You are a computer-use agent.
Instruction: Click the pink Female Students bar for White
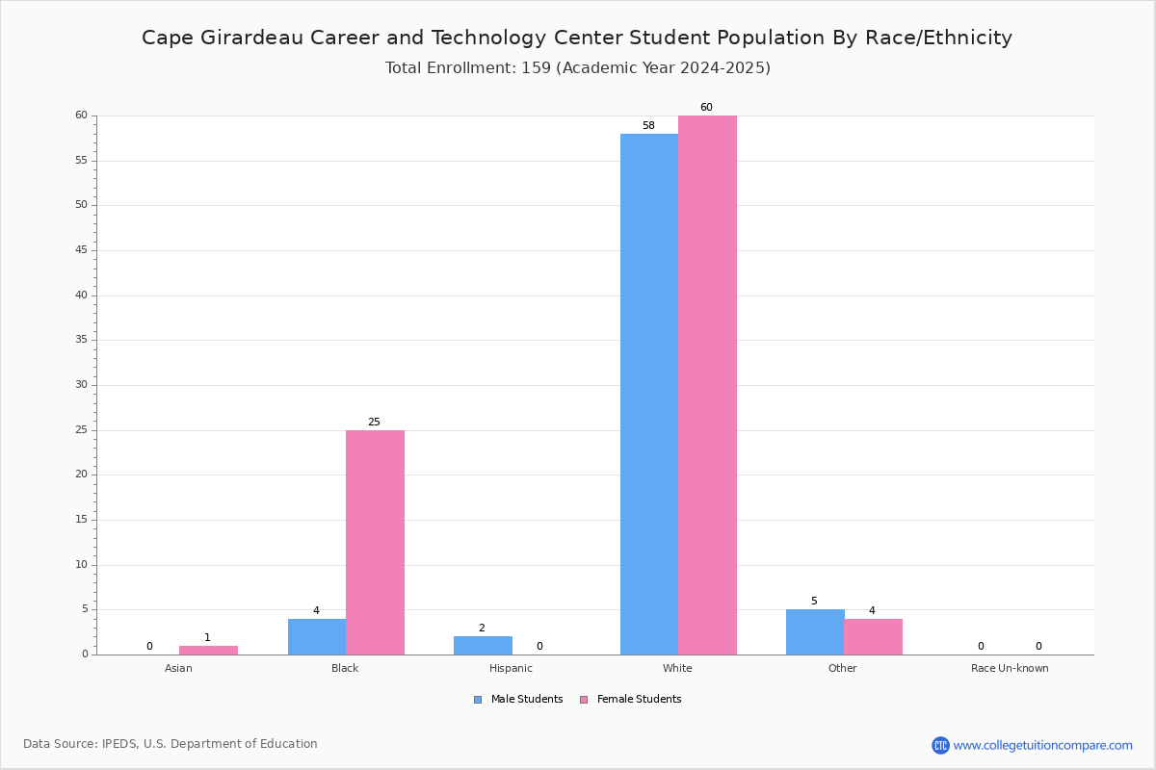coord(707,385)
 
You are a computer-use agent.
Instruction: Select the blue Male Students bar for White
coord(649,395)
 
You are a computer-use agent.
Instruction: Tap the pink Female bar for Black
coord(375,543)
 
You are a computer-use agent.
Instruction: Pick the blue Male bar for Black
coord(317,637)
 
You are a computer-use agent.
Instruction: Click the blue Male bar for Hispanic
coord(483,646)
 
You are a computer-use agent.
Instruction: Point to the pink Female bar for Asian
coord(208,651)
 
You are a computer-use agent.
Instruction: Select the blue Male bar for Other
coord(815,632)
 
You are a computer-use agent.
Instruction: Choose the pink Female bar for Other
coord(873,637)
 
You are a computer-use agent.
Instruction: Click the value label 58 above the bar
coord(648,125)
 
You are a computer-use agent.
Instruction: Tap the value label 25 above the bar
coord(374,422)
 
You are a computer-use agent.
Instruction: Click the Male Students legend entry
coord(518,699)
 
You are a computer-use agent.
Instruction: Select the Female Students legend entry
coord(631,699)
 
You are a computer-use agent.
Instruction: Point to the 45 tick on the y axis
coord(82,250)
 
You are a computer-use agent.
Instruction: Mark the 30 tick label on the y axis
coord(82,385)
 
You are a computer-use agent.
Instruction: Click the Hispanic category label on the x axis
coord(511,668)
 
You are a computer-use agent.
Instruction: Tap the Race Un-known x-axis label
coord(1010,668)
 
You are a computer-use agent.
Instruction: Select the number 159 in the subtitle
coord(537,67)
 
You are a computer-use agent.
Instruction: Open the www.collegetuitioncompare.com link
coord(1043,745)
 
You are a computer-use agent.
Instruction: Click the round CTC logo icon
coord(941,745)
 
